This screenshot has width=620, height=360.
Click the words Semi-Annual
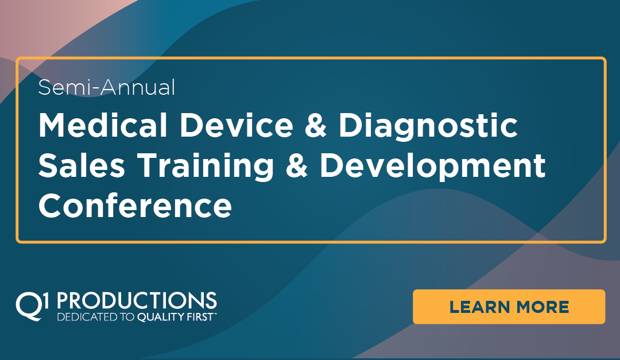click(106, 87)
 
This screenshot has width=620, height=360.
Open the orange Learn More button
click(509, 307)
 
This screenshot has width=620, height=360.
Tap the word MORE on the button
click(542, 307)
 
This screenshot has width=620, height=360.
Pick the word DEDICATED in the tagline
click(84, 317)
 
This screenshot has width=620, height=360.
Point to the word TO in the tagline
click(121, 317)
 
